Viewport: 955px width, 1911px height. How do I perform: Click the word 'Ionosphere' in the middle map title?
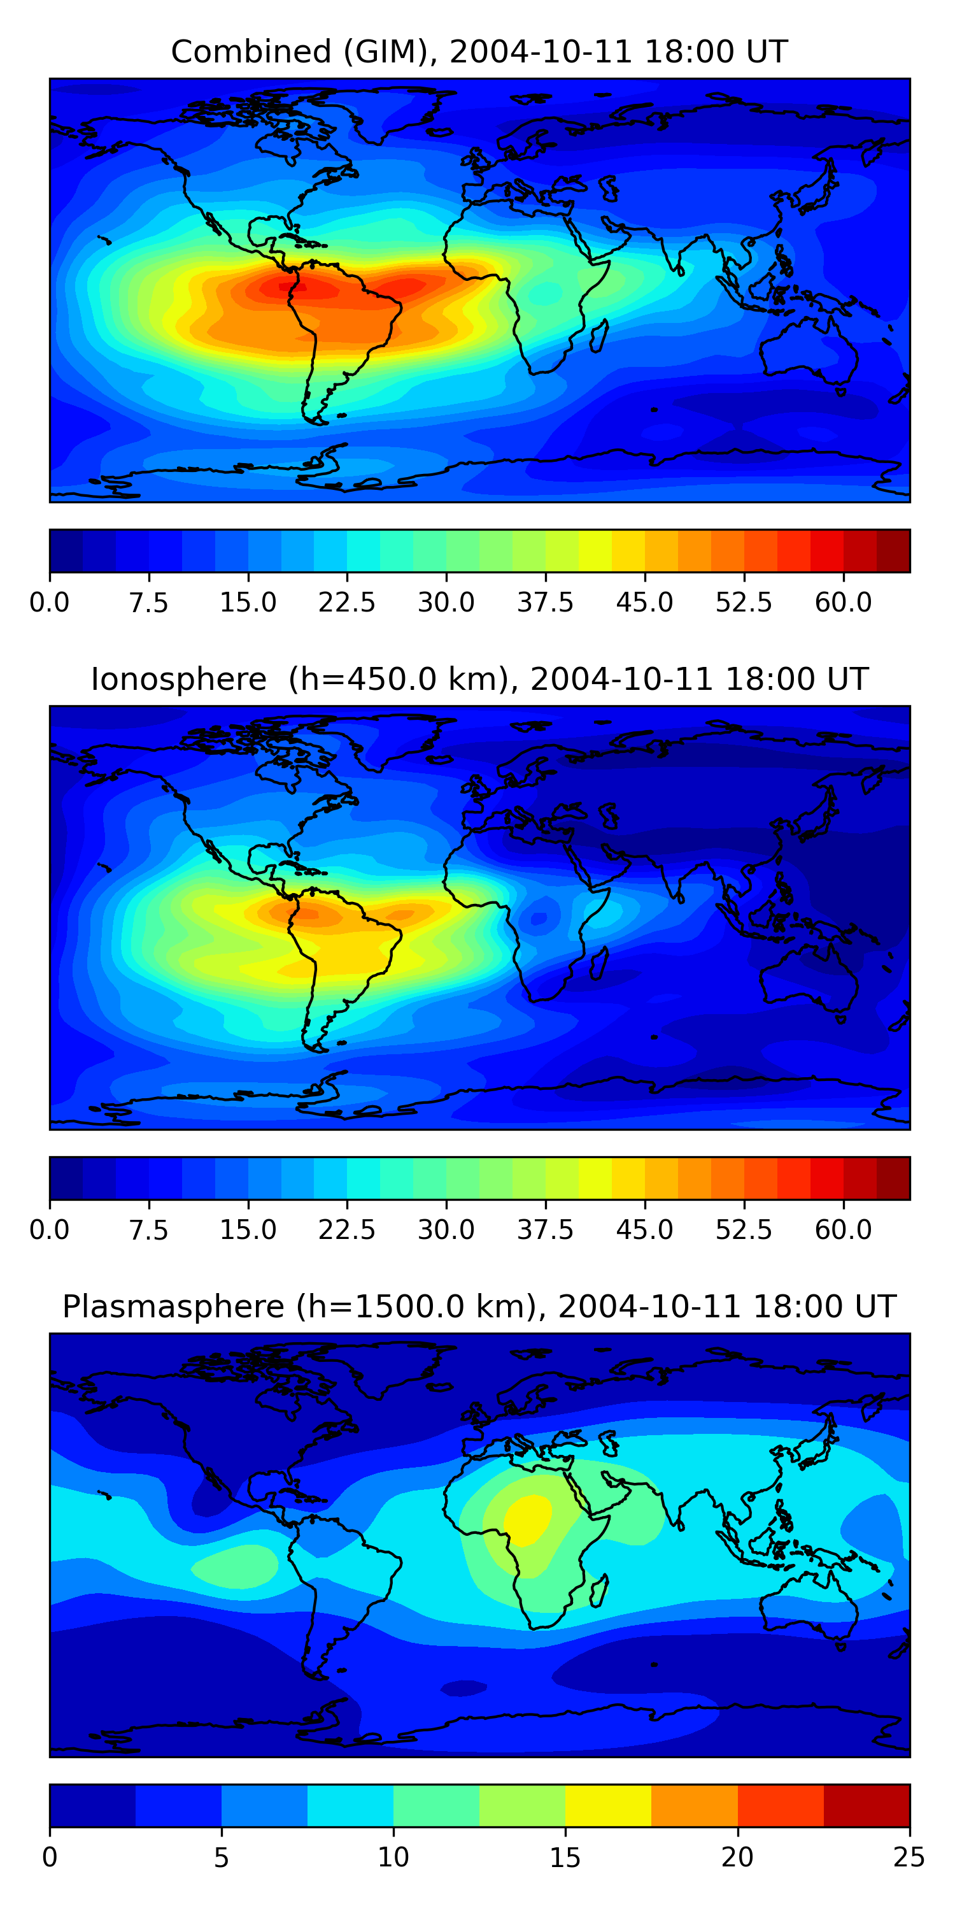178,680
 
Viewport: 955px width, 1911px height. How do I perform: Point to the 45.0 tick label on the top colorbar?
644,603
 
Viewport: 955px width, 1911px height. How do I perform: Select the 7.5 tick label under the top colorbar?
148,603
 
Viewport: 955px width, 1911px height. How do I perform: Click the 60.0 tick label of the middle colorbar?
843,1230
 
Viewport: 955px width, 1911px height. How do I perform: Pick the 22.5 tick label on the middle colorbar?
347,1230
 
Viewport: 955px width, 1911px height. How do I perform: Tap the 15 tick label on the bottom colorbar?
565,1857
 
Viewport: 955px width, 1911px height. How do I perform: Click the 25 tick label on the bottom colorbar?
909,1857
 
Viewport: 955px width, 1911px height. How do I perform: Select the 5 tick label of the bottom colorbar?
221,1857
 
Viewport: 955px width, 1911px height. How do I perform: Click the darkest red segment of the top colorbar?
893,551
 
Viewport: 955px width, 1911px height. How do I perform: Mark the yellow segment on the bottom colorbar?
608,1806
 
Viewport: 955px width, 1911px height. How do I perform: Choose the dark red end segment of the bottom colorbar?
866,1806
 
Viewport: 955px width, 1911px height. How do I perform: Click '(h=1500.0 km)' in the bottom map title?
415,1306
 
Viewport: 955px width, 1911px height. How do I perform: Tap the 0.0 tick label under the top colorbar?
50,603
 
